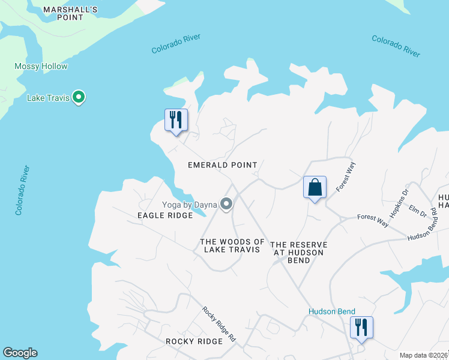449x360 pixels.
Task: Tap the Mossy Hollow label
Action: (41, 67)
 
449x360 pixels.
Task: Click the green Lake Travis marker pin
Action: (78, 97)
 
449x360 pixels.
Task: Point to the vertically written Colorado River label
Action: (23, 191)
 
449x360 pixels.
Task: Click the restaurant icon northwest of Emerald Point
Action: (176, 120)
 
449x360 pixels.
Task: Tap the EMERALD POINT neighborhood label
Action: (222, 165)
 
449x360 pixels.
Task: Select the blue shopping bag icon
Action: (315, 187)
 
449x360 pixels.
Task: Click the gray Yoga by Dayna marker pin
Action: (226, 205)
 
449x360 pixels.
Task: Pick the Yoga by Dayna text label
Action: (188, 205)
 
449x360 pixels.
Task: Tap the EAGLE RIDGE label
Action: (165, 215)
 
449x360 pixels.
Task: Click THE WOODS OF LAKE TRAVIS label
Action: (232, 245)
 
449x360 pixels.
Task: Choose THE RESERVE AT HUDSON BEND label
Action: (299, 248)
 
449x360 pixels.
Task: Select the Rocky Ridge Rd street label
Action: (218, 324)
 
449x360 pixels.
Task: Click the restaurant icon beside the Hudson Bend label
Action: (361, 328)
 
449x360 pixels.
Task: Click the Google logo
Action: (20, 353)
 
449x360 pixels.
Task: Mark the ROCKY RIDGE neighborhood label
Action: (194, 341)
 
